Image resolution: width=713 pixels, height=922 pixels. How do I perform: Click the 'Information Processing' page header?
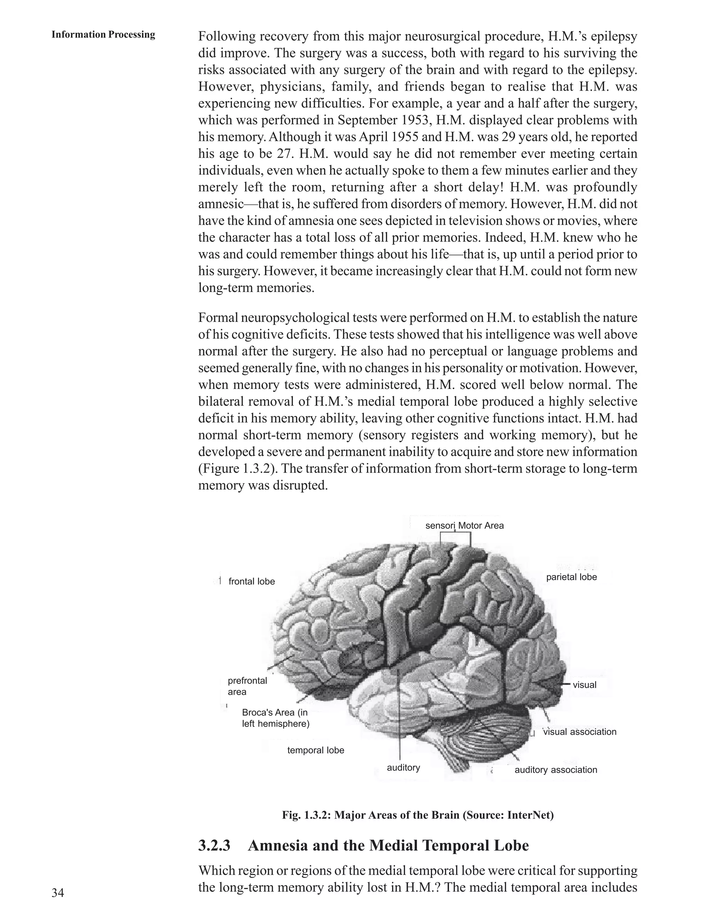[103, 34]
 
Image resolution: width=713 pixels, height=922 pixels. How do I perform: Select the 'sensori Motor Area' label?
[464, 526]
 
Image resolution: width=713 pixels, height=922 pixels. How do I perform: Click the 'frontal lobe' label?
[251, 581]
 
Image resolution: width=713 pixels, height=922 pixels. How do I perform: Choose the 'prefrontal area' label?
[247, 686]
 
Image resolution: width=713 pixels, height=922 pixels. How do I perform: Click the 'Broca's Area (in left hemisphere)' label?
[275, 718]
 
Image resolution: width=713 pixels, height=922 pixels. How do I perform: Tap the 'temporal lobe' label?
[315, 750]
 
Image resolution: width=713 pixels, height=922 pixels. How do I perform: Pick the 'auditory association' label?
[555, 770]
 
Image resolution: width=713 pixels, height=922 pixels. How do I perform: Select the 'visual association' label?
[580, 732]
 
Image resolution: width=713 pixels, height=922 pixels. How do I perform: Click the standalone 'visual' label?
[584, 685]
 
